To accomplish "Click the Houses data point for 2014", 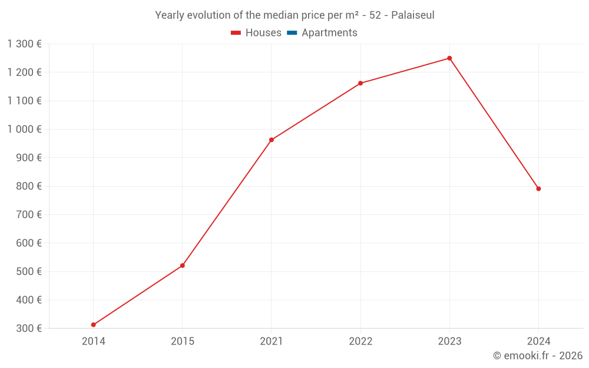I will point(94,324).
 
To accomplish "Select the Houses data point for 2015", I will point(183,266).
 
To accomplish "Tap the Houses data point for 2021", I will point(272,140).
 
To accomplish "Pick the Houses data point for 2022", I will point(360,83).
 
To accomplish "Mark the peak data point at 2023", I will point(449,58).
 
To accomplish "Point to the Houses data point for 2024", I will point(538,188).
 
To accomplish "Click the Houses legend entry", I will point(263,33).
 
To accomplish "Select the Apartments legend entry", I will point(329,33).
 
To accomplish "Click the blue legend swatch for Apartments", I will point(292,33).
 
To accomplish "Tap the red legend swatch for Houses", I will point(236,33).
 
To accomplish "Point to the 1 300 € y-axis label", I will point(24,44).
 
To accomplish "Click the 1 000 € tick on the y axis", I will point(24,130).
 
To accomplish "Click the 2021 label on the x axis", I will point(272,342).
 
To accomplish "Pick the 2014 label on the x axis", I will point(94,342).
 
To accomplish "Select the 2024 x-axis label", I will point(538,342).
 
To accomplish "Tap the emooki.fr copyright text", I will point(538,356).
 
